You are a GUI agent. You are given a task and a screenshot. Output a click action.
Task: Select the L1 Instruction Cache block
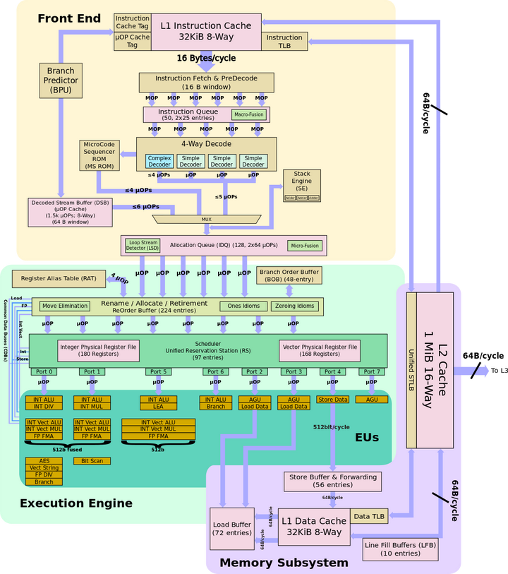pyautogui.click(x=205, y=32)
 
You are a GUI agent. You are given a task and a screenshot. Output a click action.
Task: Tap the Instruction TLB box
pyautogui.click(x=284, y=42)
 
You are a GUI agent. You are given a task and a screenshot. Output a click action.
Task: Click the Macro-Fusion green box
pyautogui.click(x=250, y=114)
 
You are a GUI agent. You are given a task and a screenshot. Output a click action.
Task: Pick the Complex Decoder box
pyautogui.click(x=159, y=161)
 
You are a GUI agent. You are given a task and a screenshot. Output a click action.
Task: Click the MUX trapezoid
pyautogui.click(x=207, y=219)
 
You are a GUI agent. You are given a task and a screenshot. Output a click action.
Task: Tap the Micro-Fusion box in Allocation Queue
pyautogui.click(x=305, y=246)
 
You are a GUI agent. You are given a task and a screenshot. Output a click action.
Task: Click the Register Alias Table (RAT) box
pyautogui.click(x=59, y=278)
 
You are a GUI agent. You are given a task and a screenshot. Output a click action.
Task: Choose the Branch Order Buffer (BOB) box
pyautogui.click(x=289, y=275)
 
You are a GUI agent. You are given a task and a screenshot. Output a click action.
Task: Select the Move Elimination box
pyautogui.click(x=65, y=306)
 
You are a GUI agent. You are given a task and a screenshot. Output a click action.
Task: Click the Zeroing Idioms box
pyautogui.click(x=295, y=306)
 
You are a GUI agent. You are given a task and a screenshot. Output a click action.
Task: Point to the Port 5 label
pyautogui.click(x=159, y=371)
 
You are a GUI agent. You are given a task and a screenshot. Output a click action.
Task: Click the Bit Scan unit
pyautogui.click(x=92, y=461)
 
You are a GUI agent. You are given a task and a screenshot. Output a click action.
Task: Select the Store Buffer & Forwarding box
pyautogui.click(x=332, y=482)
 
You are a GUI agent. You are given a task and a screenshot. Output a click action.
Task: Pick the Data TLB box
pyautogui.click(x=369, y=516)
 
